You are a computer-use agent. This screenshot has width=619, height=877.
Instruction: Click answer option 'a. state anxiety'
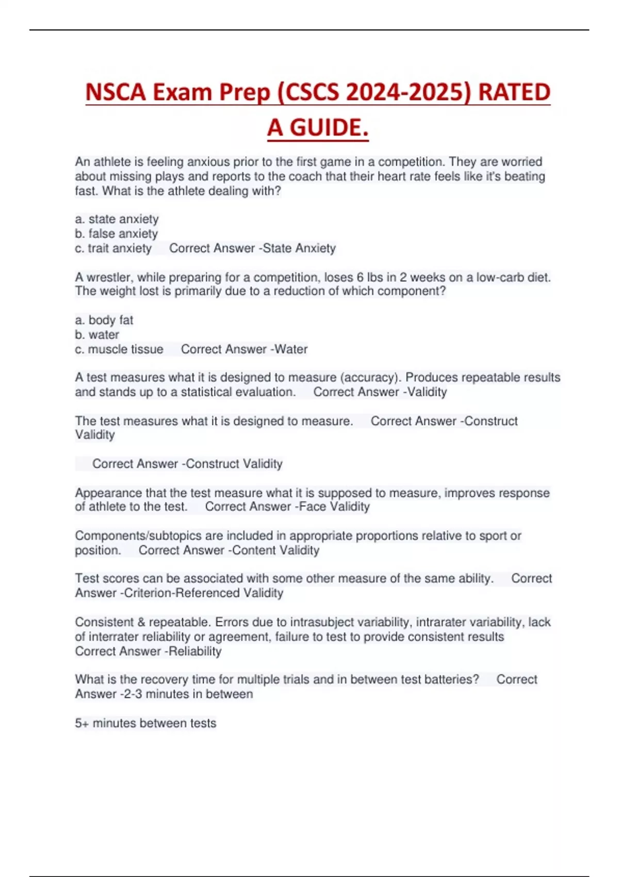[117, 219]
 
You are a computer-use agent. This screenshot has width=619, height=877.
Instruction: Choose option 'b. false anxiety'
[116, 234]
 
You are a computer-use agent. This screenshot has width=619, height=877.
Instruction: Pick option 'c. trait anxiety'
[113, 248]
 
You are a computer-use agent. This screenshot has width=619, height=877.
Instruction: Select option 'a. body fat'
[104, 320]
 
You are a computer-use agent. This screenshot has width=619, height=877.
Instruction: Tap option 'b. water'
[97, 335]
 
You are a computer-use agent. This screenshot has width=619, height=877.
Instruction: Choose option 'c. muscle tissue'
[119, 349]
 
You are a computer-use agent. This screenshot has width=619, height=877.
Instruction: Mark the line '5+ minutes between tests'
[145, 723]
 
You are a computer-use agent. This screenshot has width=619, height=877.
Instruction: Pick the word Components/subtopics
[132, 536]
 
